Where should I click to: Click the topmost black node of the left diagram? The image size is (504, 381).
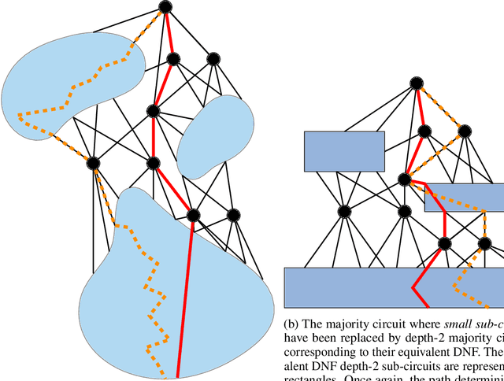point(165,7)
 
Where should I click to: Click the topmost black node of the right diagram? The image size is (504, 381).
point(416,81)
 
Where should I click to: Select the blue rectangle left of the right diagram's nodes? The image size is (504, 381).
point(344,152)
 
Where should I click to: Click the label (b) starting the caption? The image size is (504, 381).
point(293,323)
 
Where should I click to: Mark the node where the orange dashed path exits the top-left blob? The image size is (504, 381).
point(93,163)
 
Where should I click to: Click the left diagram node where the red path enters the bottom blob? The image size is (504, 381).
point(192,214)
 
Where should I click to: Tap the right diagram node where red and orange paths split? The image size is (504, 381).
point(406,179)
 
